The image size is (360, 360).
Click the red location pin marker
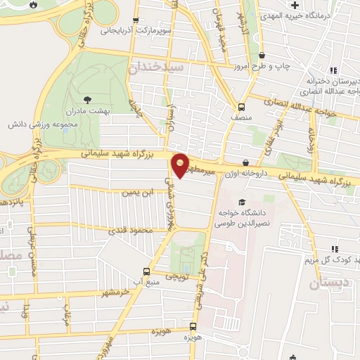181,165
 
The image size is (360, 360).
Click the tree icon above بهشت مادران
87,100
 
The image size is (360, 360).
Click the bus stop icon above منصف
242,107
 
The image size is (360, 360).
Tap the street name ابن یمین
136,191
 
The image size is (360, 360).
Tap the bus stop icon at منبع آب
146,271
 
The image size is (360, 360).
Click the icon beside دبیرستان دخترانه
333,70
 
